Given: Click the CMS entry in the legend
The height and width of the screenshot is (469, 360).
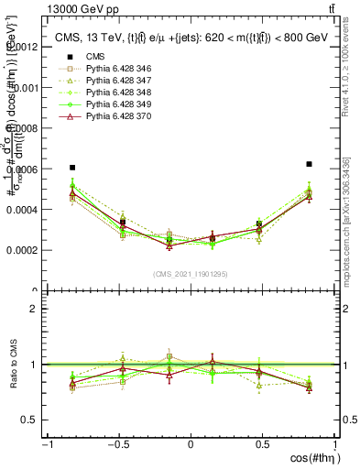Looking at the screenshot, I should point(97,57).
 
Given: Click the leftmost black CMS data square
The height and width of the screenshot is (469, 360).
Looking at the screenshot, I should point(72,168).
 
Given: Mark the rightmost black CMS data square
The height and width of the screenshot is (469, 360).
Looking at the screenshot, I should point(310,164).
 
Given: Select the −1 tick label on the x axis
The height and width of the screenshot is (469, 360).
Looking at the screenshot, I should point(47,444).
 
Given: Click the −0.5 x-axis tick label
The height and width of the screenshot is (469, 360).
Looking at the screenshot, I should point(117,444).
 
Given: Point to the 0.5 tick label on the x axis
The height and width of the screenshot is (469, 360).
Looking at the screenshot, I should point(263,444).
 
